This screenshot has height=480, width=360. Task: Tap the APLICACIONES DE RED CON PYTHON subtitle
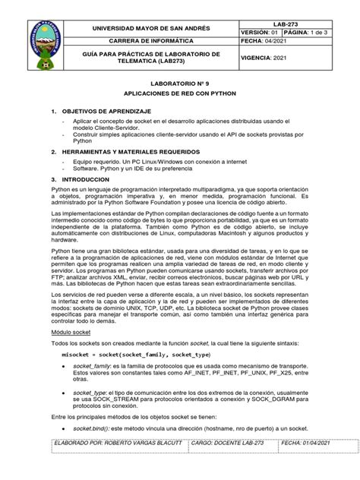pos(179,98)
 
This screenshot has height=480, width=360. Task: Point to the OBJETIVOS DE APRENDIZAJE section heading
pos(106,113)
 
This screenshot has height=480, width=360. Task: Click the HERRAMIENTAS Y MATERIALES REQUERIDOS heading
pos(134,150)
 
